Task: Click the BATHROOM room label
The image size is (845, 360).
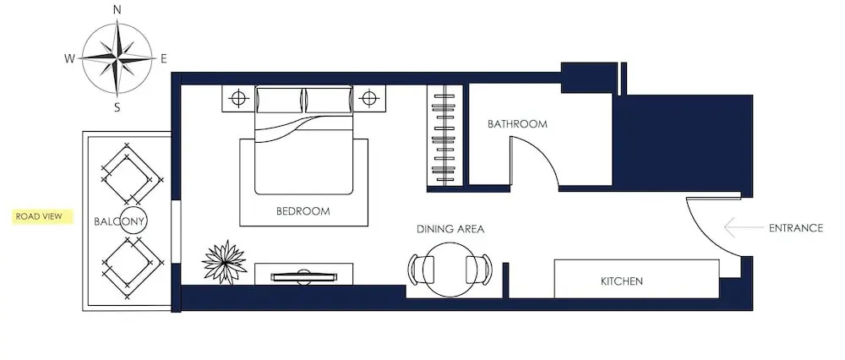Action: click(517, 124)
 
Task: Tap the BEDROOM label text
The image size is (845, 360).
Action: click(303, 211)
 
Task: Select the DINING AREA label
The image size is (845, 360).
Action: click(450, 229)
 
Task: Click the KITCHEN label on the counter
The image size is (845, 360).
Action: click(622, 281)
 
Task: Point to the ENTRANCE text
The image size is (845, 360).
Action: click(796, 228)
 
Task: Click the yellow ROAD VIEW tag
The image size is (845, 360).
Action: click(42, 216)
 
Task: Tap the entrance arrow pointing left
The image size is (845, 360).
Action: click(744, 227)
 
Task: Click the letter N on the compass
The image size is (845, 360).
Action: click(117, 9)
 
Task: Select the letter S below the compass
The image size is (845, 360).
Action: click(117, 107)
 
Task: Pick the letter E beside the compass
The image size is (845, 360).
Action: click(163, 59)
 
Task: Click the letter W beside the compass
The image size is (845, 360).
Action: click(69, 59)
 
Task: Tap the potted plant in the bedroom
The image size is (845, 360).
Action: click(224, 263)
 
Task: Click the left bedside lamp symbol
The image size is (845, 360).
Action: click(238, 99)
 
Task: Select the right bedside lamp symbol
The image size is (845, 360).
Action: click(368, 99)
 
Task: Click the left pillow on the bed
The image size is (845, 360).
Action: click(280, 101)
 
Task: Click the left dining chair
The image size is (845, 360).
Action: click(420, 270)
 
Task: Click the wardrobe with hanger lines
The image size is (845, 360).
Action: click(444, 136)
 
